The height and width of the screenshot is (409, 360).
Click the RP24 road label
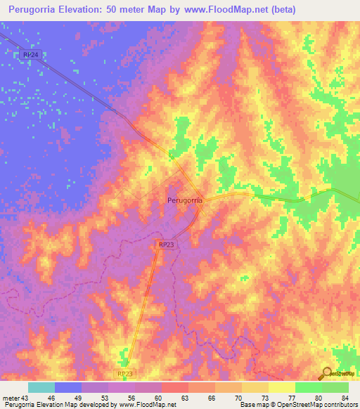click(30, 54)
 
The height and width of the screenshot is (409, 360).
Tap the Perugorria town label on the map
click(186, 200)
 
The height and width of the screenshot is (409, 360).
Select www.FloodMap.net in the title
click(224, 10)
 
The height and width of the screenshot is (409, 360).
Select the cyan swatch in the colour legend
click(41, 387)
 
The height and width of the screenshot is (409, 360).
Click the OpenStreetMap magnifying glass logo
click(326, 372)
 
